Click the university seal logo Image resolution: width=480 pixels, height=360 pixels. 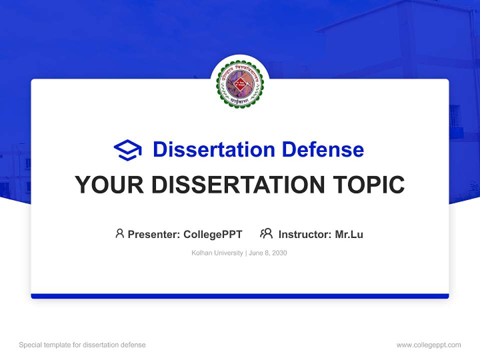pos(239,83)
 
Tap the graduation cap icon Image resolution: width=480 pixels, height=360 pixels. pos(127,150)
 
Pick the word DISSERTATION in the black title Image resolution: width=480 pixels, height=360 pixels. pos(237,185)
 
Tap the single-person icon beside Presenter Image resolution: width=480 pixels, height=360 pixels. pos(119,233)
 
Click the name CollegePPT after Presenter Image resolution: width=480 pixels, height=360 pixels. pos(213,234)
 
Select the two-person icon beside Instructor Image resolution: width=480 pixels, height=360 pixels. pos(266,233)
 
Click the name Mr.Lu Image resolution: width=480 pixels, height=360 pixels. pos(349,234)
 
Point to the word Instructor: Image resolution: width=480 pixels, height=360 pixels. pos(305,234)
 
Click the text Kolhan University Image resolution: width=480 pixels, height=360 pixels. pos(217,253)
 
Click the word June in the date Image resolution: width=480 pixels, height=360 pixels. pos(255,253)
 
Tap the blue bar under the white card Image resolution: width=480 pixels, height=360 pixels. pos(240,296)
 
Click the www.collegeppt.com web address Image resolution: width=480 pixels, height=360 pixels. pos(428,345)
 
